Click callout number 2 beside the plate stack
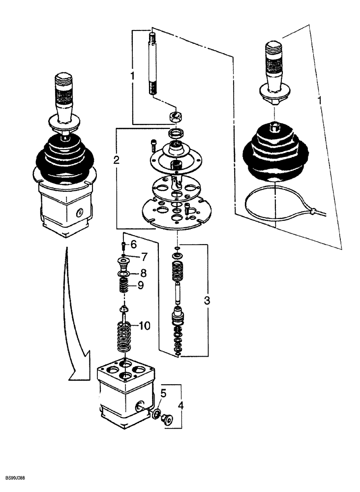point(116,159)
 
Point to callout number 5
point(164,393)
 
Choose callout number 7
point(144,256)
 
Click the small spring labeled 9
point(124,285)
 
